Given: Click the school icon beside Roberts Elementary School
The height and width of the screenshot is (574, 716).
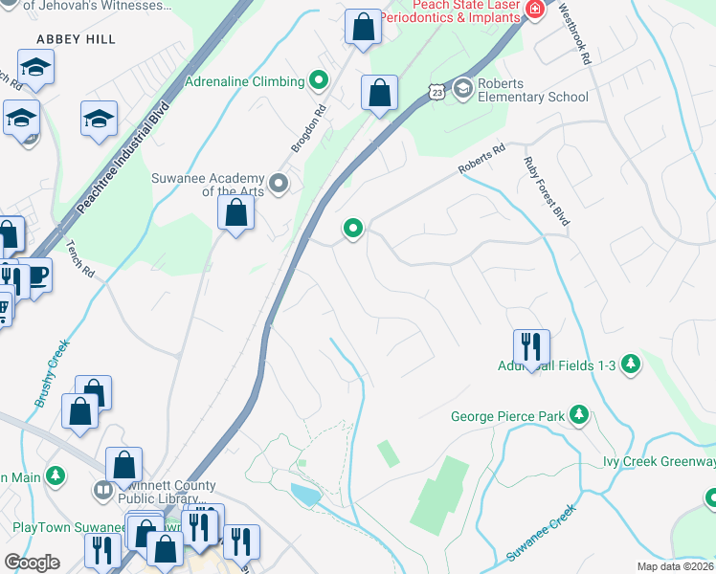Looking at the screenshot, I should [463, 89].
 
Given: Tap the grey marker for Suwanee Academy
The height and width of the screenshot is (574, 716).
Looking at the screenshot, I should [280, 182].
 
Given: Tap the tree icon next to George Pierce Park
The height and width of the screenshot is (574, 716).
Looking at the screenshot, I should [578, 415].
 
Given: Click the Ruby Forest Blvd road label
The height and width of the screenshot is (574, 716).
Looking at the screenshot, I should [547, 191].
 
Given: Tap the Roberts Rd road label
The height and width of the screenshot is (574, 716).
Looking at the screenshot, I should [481, 159].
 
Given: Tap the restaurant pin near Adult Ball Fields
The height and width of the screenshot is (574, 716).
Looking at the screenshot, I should [530, 347].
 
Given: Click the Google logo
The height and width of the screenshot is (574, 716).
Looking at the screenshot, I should [32, 563].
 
